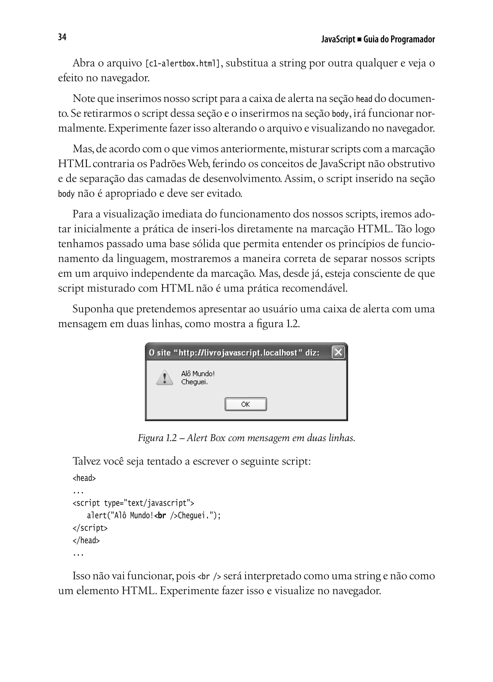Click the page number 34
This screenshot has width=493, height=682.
pyautogui.click(x=62, y=37)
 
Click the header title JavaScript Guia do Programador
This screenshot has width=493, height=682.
pyautogui.click(x=378, y=40)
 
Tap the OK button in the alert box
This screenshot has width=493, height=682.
pyautogui.click(x=246, y=404)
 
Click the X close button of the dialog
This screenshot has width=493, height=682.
pyautogui.click(x=338, y=352)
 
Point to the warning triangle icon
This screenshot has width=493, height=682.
pyautogui.click(x=165, y=378)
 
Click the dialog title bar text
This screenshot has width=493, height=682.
pyautogui.click(x=234, y=352)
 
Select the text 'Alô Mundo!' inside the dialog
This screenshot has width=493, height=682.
pyautogui.click(x=198, y=374)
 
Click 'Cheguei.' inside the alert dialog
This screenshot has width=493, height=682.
pyautogui.click(x=194, y=382)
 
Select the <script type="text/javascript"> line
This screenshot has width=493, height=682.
pyautogui.click(x=133, y=503)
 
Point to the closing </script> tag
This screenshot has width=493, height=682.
pyautogui.click(x=90, y=528)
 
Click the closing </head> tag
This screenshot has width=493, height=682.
pyautogui.click(x=86, y=540)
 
